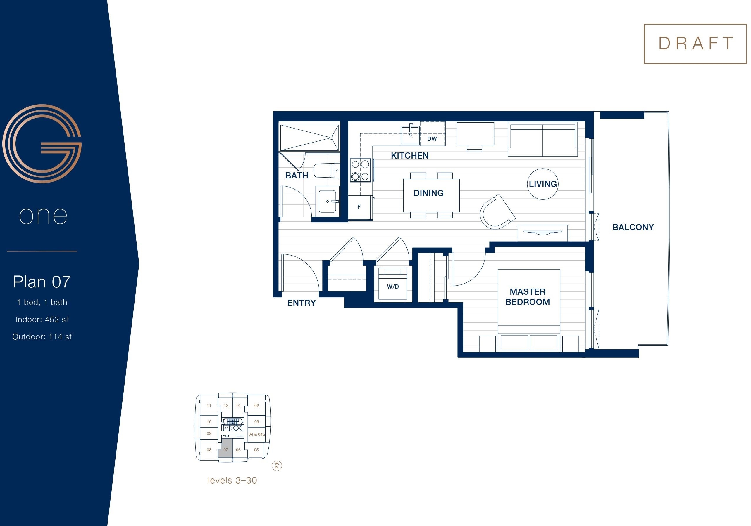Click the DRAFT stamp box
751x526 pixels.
point(695,44)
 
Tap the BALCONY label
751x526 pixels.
point(633,227)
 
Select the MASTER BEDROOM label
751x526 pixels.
point(528,297)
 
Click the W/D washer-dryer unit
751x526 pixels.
point(393,284)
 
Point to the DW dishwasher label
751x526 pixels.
point(432,139)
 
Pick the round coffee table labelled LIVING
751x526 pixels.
point(543,184)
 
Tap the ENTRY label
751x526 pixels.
point(301,303)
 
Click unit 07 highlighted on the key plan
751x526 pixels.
point(225,450)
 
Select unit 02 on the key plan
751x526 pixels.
point(256,405)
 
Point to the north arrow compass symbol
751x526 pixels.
point(277,466)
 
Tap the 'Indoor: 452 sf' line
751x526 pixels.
point(42,320)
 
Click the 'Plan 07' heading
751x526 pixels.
point(42,282)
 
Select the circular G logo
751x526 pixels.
point(42,144)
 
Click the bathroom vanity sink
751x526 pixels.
point(328,201)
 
